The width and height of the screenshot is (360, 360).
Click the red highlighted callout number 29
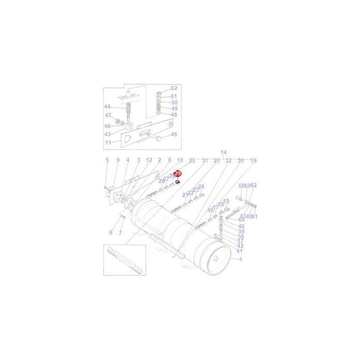(x=178, y=174)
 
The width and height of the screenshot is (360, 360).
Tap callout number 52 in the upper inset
(x=174, y=88)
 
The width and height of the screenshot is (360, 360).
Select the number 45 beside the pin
(x=174, y=135)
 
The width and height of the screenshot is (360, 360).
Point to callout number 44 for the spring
(x=107, y=107)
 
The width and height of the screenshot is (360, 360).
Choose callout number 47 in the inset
(x=107, y=115)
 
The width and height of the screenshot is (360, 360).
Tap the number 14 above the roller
(x=223, y=153)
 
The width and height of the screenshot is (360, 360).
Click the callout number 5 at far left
(x=107, y=160)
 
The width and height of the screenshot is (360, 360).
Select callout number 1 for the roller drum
(x=241, y=260)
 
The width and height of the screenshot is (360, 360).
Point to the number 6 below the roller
(x=110, y=232)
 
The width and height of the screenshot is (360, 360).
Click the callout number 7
(x=120, y=232)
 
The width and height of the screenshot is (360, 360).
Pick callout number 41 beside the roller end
(x=240, y=251)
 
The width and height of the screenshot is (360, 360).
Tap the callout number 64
(x=241, y=220)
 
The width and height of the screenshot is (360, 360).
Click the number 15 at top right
(x=253, y=160)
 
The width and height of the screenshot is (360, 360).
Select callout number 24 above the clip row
(x=201, y=187)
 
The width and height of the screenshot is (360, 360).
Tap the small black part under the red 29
(x=177, y=182)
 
